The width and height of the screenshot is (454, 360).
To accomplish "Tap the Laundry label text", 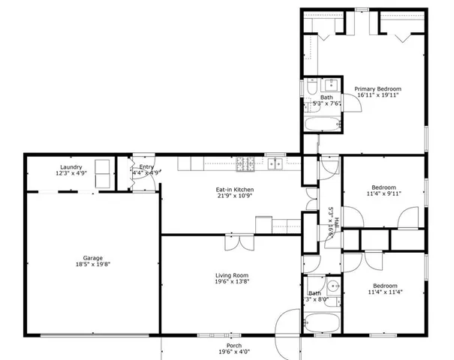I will click(71, 166).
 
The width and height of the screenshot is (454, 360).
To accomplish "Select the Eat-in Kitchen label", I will click(235, 190).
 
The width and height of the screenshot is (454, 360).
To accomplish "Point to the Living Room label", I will click(232, 275).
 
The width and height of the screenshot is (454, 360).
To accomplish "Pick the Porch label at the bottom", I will click(233, 346).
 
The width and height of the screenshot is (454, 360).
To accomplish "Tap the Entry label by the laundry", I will click(146, 166).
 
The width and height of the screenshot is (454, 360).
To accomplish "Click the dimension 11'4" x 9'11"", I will click(384, 193).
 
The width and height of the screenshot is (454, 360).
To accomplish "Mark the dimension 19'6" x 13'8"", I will click(232, 282).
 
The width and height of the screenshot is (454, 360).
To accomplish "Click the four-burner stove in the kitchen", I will click(245, 163).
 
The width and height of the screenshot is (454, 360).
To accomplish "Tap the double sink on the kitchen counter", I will click(275, 163).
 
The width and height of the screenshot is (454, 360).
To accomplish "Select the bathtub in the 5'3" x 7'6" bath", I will click(322, 124).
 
